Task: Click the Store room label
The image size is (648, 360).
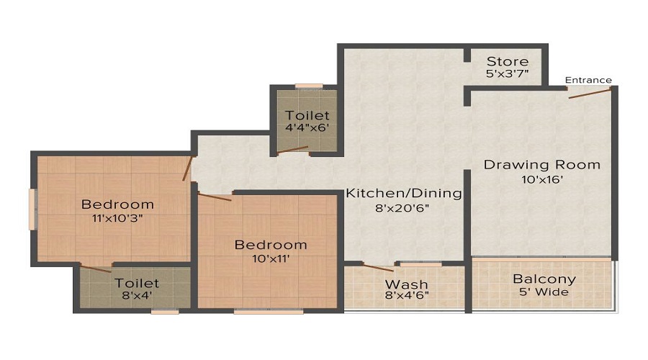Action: click(507, 61)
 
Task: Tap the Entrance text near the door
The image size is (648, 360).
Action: click(588, 80)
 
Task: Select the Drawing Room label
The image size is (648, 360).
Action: click(541, 165)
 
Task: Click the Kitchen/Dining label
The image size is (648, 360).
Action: click(404, 194)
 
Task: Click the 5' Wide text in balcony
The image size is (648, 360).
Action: click(544, 292)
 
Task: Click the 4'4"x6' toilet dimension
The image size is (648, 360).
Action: click(307, 128)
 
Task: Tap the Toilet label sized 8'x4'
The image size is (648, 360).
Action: click(137, 283)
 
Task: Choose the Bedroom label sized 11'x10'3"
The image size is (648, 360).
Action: click(117, 204)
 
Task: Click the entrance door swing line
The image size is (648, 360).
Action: click(590, 92)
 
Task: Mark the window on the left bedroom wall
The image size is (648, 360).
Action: click(32, 209)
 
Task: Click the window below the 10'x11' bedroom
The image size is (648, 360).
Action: click(258, 312)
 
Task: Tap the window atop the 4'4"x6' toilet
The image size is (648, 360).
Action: click(309, 86)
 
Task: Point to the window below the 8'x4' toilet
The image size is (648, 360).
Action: click(165, 312)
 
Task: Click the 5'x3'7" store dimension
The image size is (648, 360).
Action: click(507, 74)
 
